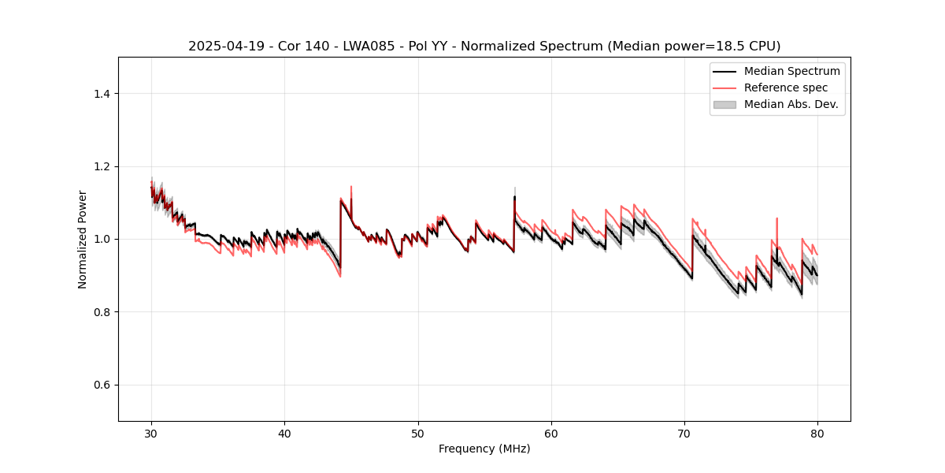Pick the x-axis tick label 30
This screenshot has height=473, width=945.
(x=151, y=434)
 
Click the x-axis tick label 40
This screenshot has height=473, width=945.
(x=284, y=434)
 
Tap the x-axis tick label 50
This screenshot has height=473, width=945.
(x=417, y=434)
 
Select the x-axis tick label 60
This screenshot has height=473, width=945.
(x=551, y=434)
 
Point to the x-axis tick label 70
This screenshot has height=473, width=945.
(x=684, y=434)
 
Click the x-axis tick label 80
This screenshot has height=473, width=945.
(x=817, y=434)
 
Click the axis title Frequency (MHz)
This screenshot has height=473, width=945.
(x=484, y=449)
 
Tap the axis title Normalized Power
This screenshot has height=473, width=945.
(x=83, y=239)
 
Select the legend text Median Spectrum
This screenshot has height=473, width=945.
(x=791, y=71)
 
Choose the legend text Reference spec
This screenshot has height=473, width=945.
(x=786, y=88)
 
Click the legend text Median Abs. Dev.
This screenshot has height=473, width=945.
(x=791, y=104)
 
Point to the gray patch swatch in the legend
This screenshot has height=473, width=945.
(x=724, y=104)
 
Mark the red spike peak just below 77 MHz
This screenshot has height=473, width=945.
(x=776, y=218)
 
